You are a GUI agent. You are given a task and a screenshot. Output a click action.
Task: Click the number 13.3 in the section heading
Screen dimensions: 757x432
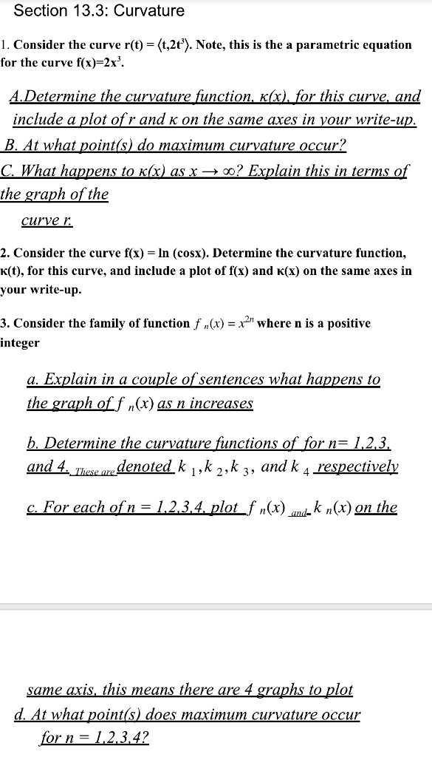[x=92, y=11]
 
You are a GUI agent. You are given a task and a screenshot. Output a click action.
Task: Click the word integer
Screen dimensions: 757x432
[x=20, y=343]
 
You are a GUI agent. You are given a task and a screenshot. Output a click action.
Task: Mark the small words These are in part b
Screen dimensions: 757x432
[x=93, y=470]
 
